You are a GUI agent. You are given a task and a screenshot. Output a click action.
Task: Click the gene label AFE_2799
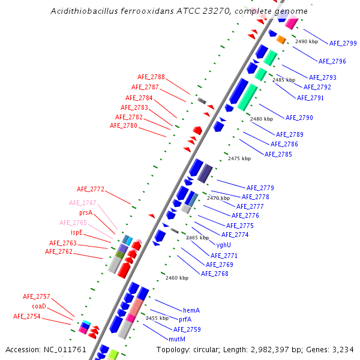point(343,43)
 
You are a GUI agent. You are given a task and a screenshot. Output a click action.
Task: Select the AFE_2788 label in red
point(151,77)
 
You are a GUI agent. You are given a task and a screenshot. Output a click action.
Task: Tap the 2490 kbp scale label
point(307,41)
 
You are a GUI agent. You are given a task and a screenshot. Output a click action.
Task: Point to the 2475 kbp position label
point(239,158)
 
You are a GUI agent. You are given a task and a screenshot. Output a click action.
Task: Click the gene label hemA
point(191,310)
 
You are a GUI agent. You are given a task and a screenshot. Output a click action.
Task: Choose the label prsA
point(86,212)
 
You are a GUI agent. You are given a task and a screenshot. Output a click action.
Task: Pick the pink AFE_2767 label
point(82,203)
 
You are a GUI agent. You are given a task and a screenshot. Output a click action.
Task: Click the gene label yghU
point(224,245)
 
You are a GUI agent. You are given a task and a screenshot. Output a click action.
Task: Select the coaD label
point(38,306)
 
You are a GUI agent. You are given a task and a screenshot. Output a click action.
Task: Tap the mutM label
point(177,339)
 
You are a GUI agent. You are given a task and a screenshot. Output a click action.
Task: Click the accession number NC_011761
point(66,349)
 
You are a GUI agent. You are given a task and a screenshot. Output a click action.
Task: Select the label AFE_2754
point(26,316)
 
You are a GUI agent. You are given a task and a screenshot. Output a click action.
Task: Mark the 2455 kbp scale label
point(157,318)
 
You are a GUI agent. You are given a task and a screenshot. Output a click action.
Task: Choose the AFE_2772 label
point(91,190)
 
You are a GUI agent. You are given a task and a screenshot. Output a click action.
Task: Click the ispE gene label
point(77,232)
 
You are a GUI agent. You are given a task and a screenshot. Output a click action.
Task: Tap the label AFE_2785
point(278,154)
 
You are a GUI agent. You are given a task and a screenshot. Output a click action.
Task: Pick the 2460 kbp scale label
point(177,278)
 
